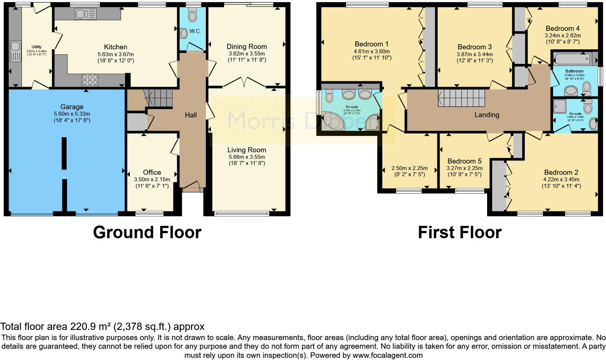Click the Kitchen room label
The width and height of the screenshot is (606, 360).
pyautogui.click(x=115, y=47)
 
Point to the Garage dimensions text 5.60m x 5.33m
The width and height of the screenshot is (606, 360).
pyautogui.click(x=72, y=114)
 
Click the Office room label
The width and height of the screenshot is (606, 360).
pyautogui.click(x=152, y=173)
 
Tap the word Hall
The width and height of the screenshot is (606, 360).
pyautogui.click(x=191, y=115)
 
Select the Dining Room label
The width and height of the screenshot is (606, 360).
pyautogui.click(x=246, y=47)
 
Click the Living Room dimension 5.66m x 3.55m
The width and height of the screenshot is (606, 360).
pyautogui.click(x=246, y=157)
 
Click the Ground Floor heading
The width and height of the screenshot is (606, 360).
pyautogui.click(x=147, y=232)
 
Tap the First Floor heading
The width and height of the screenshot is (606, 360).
pyautogui.click(x=460, y=232)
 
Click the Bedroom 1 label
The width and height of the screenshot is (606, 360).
pyautogui.click(x=372, y=45)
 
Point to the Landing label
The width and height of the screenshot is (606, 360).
pyautogui.click(x=487, y=115)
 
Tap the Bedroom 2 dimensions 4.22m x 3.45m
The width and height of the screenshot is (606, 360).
pyautogui.click(x=561, y=179)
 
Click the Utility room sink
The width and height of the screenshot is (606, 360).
pyautogui.click(x=15, y=46)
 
